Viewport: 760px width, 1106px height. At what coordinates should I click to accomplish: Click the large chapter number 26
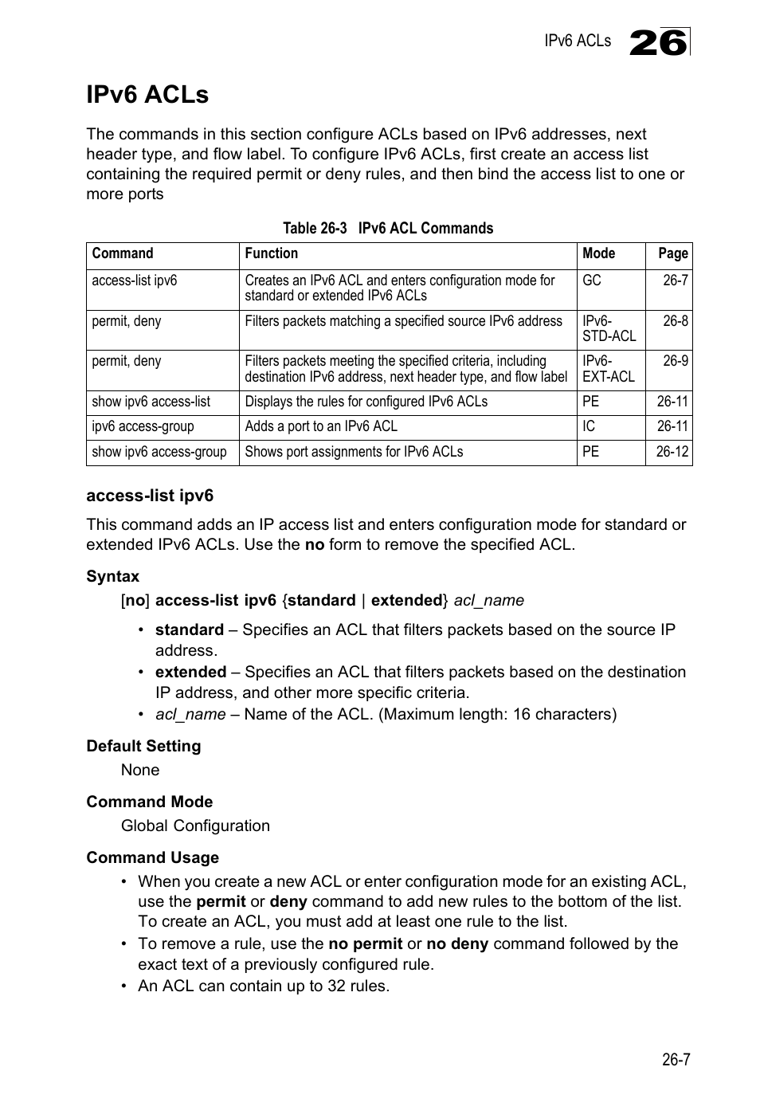[658, 42]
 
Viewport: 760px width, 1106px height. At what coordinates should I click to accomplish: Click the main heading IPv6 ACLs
[147, 95]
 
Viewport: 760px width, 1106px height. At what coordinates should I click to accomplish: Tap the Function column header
[271, 253]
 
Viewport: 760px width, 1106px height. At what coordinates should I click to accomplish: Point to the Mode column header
[598, 253]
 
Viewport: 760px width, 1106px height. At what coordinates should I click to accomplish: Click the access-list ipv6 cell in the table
[135, 280]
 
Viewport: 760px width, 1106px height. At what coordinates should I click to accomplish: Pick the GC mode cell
[592, 280]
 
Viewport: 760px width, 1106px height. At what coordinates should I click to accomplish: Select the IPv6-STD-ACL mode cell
[609, 329]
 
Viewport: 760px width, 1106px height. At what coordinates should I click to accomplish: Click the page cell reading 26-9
[675, 361]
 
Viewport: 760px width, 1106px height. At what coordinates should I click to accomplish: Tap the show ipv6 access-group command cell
[159, 452]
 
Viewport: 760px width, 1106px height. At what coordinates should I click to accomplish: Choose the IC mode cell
[589, 426]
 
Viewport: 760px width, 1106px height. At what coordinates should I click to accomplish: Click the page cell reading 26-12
[672, 452]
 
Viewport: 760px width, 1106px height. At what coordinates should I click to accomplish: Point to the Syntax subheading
[112, 576]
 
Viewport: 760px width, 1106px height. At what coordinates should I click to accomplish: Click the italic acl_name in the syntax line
[488, 600]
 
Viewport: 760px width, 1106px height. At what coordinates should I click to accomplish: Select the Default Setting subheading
[143, 746]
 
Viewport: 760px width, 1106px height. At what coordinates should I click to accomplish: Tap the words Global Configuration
[195, 826]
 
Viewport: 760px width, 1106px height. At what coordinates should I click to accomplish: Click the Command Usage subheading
[152, 857]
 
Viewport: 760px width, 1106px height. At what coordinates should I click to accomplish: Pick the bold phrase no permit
[365, 943]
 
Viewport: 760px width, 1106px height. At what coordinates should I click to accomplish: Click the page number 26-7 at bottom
[675, 1060]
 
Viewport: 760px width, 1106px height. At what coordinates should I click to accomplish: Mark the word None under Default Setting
[140, 770]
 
